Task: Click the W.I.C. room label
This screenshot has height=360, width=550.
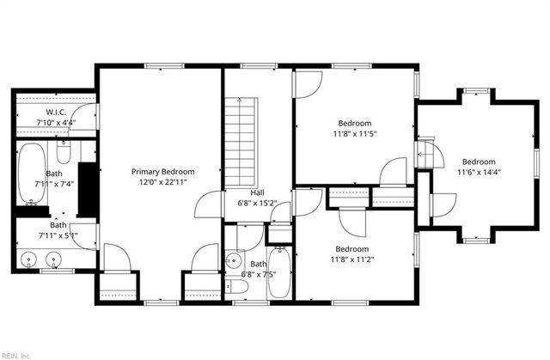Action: click(x=55, y=113)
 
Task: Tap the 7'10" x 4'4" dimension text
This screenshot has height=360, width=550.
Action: click(x=55, y=123)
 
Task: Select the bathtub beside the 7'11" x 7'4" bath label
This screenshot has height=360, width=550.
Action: click(x=33, y=174)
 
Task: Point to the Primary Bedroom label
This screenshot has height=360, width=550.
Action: click(x=162, y=171)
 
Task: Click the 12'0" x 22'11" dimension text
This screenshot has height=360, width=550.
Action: click(x=162, y=182)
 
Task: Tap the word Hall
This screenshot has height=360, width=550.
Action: click(x=257, y=192)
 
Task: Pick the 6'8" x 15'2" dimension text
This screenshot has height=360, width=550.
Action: click(x=257, y=204)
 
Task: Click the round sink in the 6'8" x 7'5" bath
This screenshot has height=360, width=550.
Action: click(x=233, y=260)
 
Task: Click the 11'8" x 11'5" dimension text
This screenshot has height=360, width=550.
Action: click(x=355, y=134)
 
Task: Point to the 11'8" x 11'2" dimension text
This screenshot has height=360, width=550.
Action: click(x=354, y=259)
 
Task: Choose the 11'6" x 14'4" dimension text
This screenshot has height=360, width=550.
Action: click(x=479, y=173)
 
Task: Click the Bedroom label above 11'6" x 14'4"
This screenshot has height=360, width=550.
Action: click(x=479, y=162)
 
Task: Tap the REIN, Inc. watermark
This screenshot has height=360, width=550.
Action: click(x=15, y=354)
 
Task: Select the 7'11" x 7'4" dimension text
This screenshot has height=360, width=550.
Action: click(x=55, y=183)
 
